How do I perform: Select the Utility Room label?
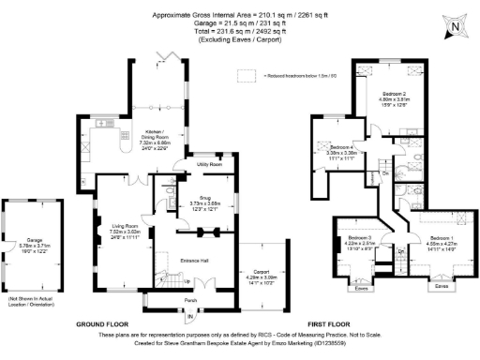coord(209,164)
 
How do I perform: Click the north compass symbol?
coord(454,26)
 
